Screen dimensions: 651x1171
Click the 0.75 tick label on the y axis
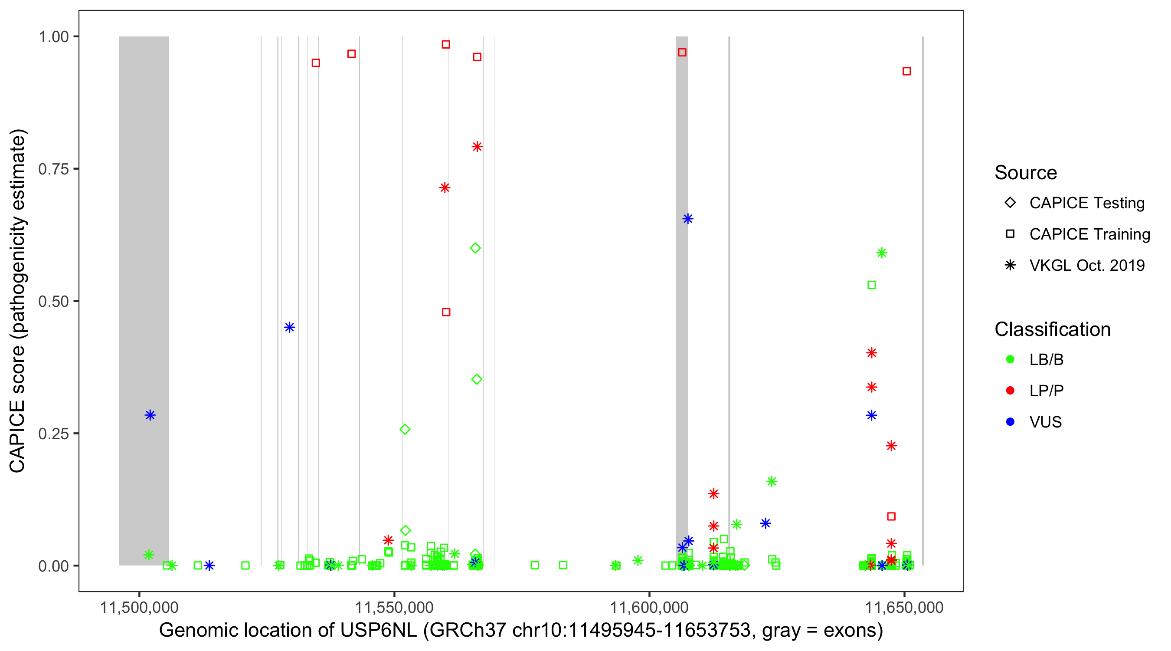point(53,169)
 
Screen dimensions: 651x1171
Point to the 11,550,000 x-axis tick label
point(394,608)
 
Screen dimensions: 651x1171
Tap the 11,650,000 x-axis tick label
point(904,608)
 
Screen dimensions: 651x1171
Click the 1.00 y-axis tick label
point(53,36)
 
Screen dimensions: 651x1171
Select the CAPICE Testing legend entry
point(1086,203)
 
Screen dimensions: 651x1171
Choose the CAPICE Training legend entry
point(1089,234)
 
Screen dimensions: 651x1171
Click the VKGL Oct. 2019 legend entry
point(1086,266)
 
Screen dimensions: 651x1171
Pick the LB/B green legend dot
point(1011,359)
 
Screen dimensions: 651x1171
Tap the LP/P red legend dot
point(1011,391)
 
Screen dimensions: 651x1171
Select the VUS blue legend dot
point(1011,422)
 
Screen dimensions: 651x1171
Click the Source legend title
point(1026,173)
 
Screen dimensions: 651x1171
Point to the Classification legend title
point(1052,329)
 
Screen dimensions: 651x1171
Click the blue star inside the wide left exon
point(150,415)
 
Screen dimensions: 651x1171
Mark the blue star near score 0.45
point(290,327)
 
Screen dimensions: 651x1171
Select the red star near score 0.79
point(477,147)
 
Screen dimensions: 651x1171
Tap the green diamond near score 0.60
point(475,248)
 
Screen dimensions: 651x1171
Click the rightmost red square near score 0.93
point(906,72)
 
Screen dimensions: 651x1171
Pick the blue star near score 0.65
point(688,219)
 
